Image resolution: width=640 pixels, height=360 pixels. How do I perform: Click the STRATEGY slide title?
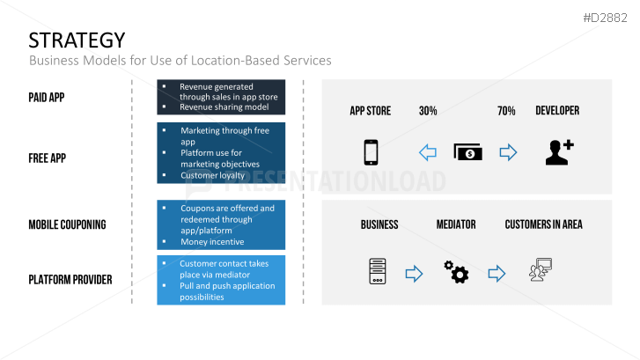(77, 40)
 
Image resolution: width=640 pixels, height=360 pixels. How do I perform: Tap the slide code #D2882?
(605, 18)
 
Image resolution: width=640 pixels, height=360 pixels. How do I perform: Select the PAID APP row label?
(47, 98)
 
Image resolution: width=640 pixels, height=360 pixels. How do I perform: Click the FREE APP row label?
(47, 158)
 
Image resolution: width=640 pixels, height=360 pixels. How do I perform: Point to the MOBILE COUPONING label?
(68, 224)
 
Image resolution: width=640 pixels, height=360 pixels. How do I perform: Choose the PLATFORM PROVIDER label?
(70, 280)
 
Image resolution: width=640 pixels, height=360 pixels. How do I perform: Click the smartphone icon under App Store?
(371, 152)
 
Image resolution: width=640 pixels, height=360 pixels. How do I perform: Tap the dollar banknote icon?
(467, 152)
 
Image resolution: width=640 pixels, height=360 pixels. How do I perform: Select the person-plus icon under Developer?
(560, 152)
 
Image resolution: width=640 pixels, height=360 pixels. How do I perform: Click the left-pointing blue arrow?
(428, 152)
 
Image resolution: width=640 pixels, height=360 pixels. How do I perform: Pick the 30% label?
(428, 111)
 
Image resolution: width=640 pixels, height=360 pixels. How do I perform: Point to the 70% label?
(506, 111)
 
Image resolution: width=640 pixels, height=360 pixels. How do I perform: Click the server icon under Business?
(378, 271)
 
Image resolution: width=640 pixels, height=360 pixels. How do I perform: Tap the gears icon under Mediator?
(456, 272)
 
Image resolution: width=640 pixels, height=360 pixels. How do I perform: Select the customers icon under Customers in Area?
(541, 269)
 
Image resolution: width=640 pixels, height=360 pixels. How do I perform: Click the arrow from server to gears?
(414, 274)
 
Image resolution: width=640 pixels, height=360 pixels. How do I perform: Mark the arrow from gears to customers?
(497, 274)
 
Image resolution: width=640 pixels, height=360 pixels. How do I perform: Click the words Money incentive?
(212, 242)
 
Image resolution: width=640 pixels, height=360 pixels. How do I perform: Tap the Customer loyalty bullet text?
(213, 175)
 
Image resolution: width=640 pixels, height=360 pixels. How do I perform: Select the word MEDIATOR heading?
(456, 224)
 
